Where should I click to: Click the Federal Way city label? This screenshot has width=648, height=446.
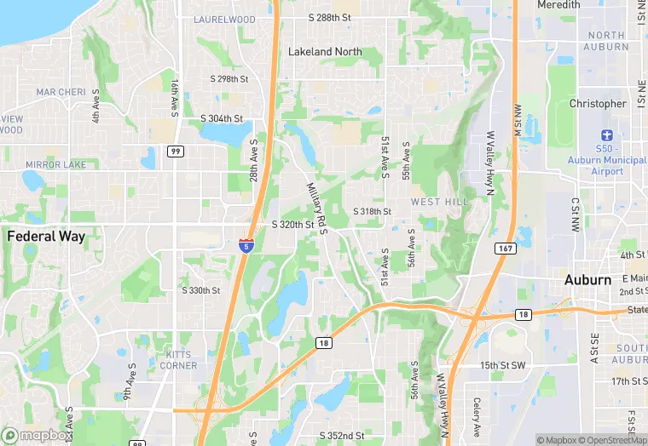pos(46,237)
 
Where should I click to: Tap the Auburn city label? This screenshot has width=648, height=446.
pos(587,280)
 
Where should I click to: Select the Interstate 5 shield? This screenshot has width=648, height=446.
pos(246,245)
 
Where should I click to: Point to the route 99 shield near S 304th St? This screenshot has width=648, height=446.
pos(175,151)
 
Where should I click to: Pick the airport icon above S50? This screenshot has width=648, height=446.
pos(607,135)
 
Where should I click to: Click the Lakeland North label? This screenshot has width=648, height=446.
pos(325,52)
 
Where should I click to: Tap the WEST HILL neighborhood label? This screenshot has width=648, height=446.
pos(440,202)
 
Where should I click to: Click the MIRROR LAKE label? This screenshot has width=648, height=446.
pos(53,164)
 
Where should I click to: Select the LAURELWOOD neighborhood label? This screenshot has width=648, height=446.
pos(224,19)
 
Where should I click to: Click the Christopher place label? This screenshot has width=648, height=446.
pos(598,104)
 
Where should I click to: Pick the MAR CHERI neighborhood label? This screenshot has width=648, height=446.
pos(61,92)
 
